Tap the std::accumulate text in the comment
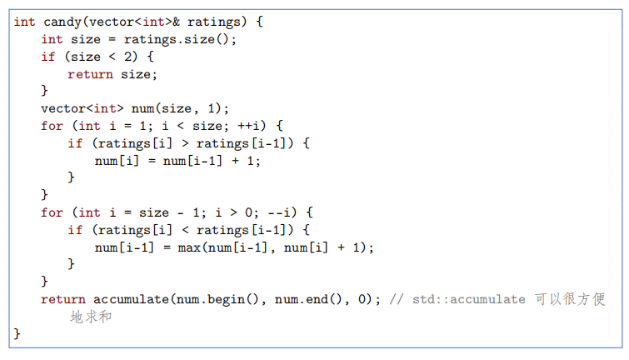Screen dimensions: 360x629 [468, 299]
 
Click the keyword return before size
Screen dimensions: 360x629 [88, 73]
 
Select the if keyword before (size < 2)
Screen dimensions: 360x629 [47, 56]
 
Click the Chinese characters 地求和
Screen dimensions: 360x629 [91, 317]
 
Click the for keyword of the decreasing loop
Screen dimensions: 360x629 [51, 212]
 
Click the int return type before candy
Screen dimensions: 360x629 [24, 21]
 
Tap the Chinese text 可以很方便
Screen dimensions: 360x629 [570, 299]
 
